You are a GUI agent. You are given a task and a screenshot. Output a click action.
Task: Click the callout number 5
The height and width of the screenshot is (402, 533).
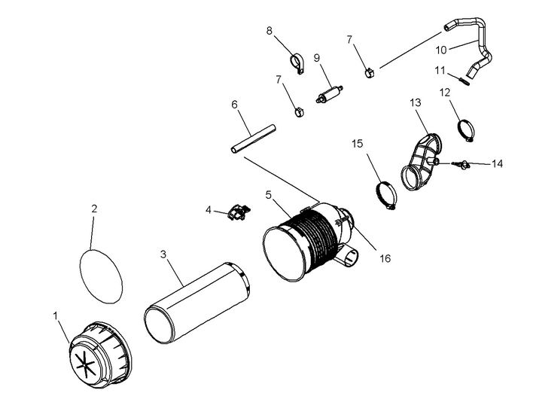[268, 193]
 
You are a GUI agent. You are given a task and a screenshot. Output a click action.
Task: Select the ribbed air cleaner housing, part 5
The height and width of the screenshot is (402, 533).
[309, 241]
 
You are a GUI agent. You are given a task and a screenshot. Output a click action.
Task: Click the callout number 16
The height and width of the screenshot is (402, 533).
[385, 258]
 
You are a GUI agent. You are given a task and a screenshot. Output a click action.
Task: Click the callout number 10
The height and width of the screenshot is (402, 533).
[442, 50]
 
